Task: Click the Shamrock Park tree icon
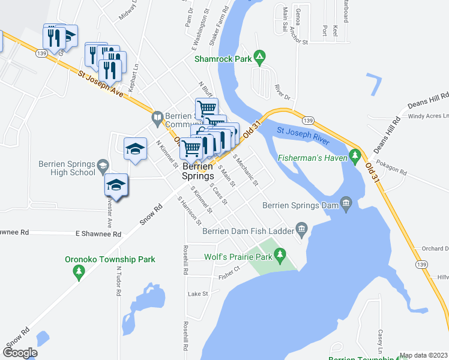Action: tap(259, 58)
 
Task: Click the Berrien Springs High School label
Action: tap(67, 168)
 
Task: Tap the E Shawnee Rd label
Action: tap(98, 234)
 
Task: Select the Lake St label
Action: tap(197, 294)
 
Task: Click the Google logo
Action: tap(20, 353)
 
